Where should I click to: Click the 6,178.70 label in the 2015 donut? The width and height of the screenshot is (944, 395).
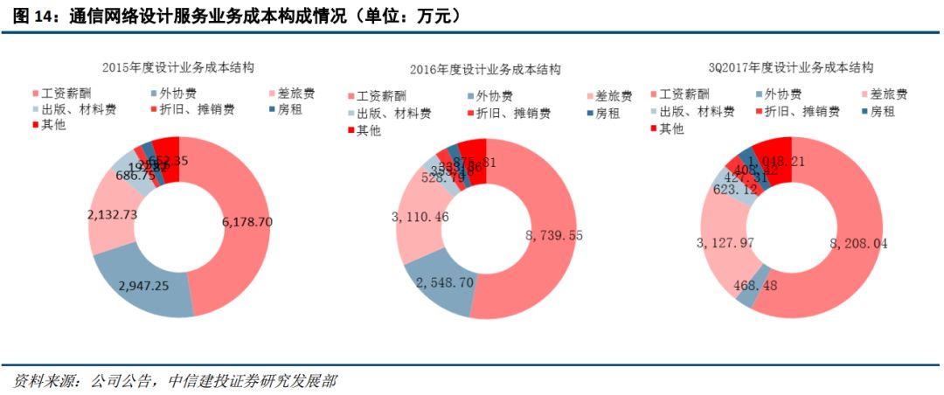coord(247,223)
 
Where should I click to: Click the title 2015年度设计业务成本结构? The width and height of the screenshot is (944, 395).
coord(177,67)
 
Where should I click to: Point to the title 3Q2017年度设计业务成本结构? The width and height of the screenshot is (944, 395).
coord(791,66)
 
